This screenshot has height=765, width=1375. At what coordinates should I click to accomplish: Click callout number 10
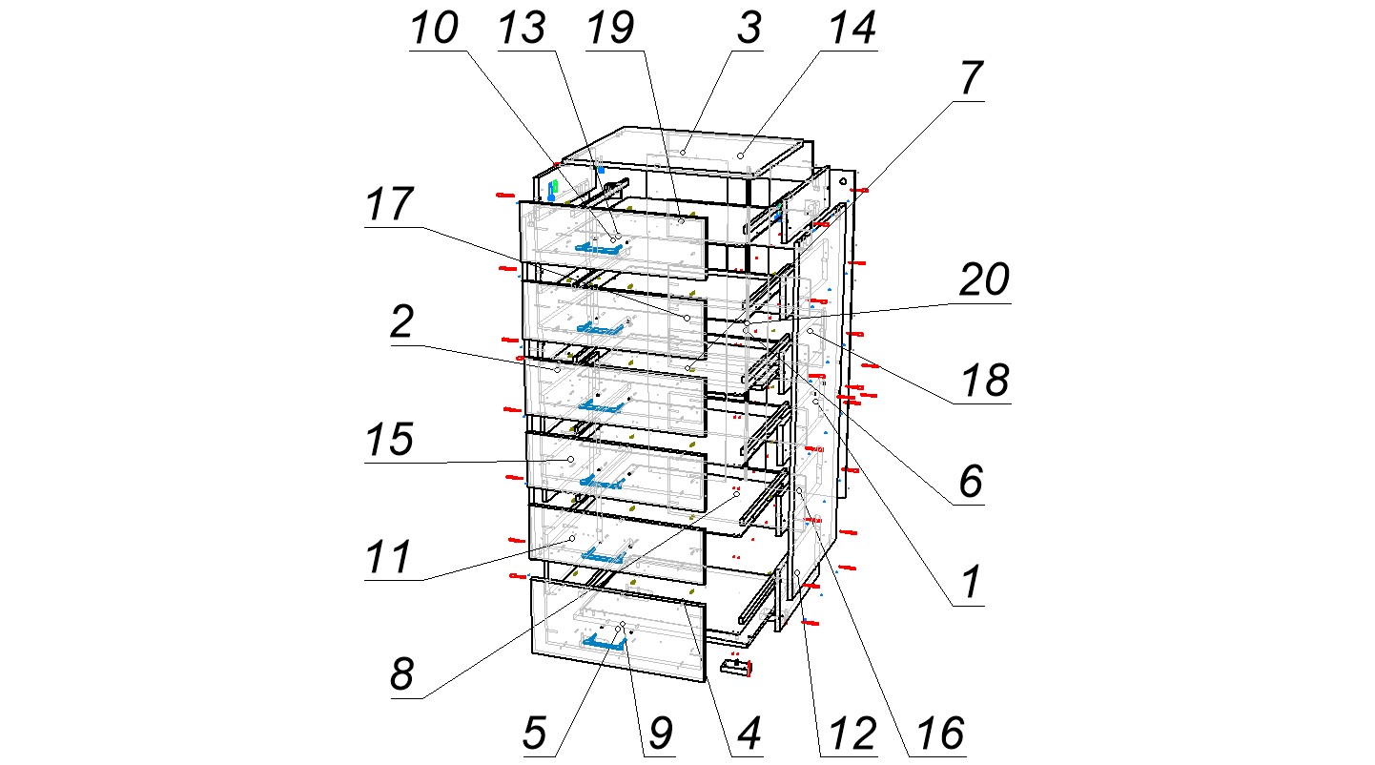point(435,31)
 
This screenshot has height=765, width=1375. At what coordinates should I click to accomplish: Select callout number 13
point(522,29)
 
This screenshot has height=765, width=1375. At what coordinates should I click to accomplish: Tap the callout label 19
point(610,29)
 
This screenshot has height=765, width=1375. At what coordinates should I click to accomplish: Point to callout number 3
point(749,29)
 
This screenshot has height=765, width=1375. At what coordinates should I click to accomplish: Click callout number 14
point(851,29)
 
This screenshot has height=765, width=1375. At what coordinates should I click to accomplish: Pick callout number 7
point(970,82)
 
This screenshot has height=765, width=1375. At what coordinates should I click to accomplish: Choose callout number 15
point(389,442)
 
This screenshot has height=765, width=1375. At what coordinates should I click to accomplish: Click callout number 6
point(970,483)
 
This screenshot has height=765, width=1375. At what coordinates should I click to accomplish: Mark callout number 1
point(970,583)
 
